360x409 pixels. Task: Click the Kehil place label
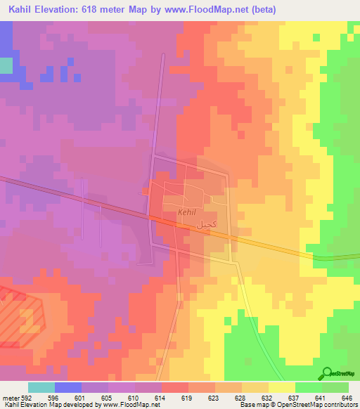coord(187,212)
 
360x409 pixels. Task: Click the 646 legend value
coord(345,397)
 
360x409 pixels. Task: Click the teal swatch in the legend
coord(41,387)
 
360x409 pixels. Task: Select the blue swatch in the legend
coord(68,387)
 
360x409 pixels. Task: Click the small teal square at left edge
coord(6,65)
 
